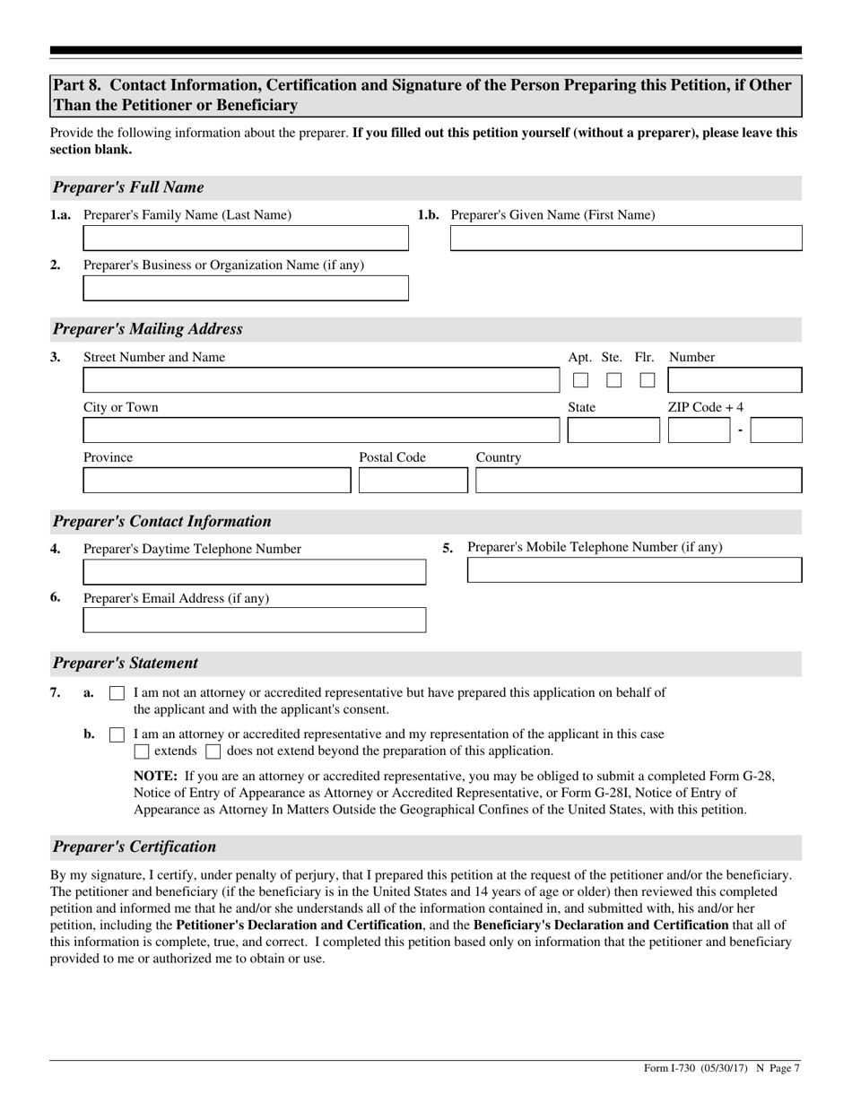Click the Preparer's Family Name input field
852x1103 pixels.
245,239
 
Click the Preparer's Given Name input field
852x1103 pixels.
625,239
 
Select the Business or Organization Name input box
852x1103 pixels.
245,289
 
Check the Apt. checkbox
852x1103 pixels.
581,380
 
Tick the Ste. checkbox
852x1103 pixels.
613,380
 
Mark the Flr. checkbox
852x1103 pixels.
647,380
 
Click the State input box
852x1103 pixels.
613,431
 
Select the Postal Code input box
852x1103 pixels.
413,482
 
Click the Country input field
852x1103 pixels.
638,482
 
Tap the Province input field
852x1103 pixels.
216,482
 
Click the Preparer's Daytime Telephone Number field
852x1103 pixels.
254,572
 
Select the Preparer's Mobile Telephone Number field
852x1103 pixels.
634,570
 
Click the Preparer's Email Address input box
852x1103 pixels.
254,621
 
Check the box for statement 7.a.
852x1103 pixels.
117,693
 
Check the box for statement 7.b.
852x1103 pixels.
117,734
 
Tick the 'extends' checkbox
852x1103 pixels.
142,751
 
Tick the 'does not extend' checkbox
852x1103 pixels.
213,751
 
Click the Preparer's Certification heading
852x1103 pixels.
135,847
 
